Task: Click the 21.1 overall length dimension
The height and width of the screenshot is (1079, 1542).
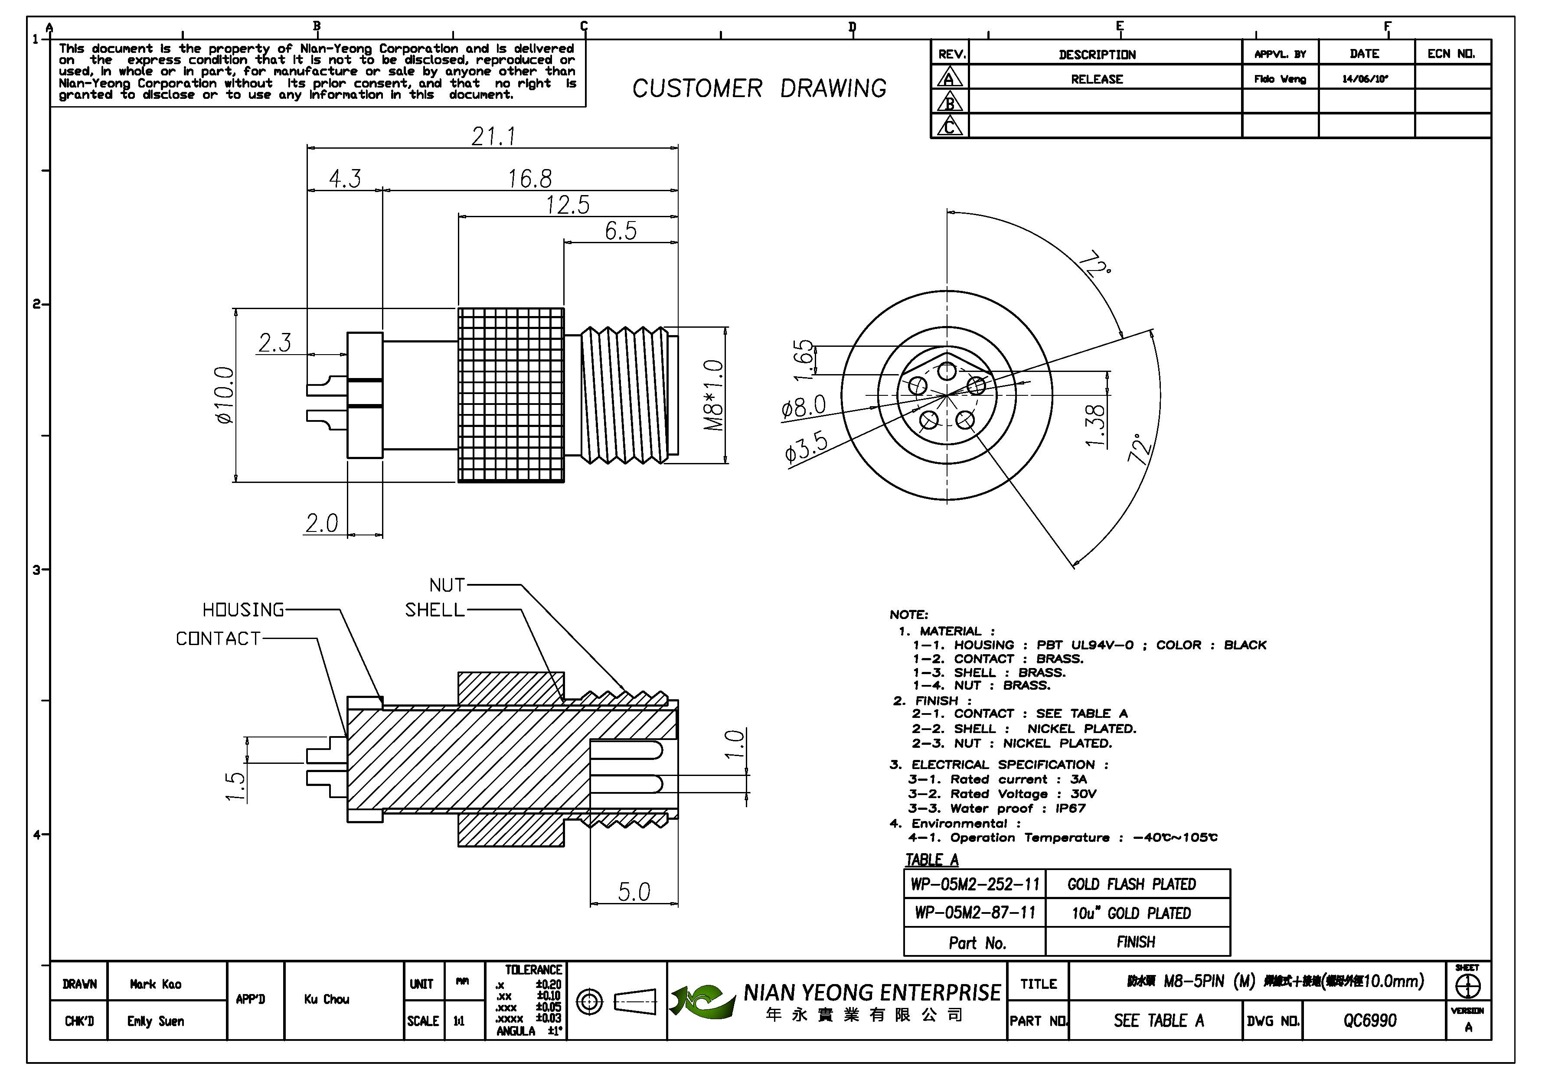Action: pyautogui.click(x=493, y=136)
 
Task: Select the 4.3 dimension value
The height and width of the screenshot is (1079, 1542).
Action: pyautogui.click(x=345, y=179)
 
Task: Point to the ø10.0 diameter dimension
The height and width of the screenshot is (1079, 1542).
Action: pyautogui.click(x=225, y=395)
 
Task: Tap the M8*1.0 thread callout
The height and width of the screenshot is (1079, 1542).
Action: pyautogui.click(x=714, y=395)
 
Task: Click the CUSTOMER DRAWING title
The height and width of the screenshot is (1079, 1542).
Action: pyautogui.click(x=759, y=88)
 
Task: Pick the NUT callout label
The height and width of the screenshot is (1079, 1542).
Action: pyautogui.click(x=447, y=585)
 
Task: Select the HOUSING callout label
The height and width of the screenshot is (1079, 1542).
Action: pyautogui.click(x=243, y=610)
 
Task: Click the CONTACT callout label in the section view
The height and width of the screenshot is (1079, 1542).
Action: pyautogui.click(x=218, y=639)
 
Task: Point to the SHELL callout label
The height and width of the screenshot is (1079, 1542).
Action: pyautogui.click(x=435, y=610)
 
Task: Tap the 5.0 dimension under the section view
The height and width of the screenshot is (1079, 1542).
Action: pyautogui.click(x=634, y=892)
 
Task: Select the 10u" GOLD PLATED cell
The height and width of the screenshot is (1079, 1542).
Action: pyautogui.click(x=1131, y=913)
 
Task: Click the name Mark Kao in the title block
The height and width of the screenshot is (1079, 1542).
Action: pyautogui.click(x=156, y=984)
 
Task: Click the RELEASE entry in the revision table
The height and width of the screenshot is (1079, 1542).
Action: pyautogui.click(x=1097, y=79)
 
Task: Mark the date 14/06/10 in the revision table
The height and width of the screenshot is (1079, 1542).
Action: pyautogui.click(x=1365, y=78)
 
